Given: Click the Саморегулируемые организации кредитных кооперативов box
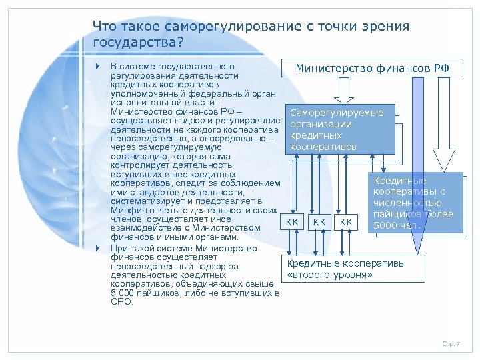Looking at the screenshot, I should pyautogui.click(x=340, y=129).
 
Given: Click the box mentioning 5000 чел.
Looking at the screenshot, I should pyautogui.click(x=413, y=203).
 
